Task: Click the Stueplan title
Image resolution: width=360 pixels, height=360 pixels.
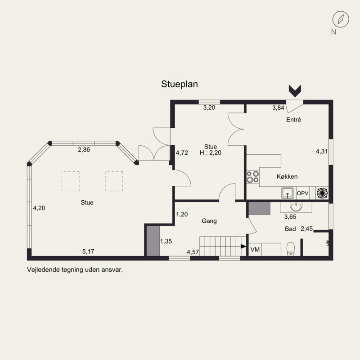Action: pyautogui.click(x=179, y=84)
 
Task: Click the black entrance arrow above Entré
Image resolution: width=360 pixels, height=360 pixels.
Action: pyautogui.click(x=295, y=91)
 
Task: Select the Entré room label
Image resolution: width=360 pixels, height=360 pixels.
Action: pyautogui.click(x=293, y=120)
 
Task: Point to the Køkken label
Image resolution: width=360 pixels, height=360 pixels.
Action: pyautogui.click(x=287, y=176)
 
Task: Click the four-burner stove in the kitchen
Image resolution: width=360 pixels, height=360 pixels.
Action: pyautogui.click(x=253, y=177)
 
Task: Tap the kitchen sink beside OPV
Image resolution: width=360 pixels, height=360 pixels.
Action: pyautogui.click(x=288, y=193)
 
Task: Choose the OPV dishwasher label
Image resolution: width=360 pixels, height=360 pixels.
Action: pyautogui.click(x=302, y=193)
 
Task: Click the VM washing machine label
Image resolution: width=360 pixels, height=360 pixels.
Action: pyautogui.click(x=255, y=249)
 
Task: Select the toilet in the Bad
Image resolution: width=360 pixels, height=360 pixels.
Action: pyautogui.click(x=291, y=249)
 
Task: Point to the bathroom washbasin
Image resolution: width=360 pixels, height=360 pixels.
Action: pyautogui.click(x=296, y=206)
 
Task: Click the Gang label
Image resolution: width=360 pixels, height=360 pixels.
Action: pyautogui.click(x=209, y=221)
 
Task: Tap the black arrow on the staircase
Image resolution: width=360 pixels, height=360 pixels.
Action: pyautogui.click(x=243, y=246)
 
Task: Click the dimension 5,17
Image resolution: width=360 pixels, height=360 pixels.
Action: pyautogui.click(x=88, y=252)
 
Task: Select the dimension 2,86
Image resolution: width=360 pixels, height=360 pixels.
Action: pyautogui.click(x=84, y=150)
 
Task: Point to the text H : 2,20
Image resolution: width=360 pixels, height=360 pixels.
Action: pyautogui.click(x=211, y=153)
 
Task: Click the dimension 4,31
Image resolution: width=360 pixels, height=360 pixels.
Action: pyautogui.click(x=322, y=152)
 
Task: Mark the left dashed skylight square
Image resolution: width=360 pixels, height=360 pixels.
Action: pyautogui.click(x=71, y=181)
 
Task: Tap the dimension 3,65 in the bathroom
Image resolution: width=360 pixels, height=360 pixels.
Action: pyautogui.click(x=290, y=217)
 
